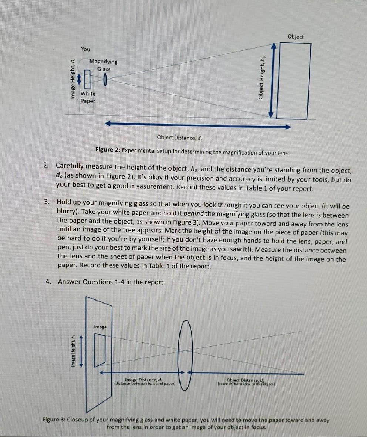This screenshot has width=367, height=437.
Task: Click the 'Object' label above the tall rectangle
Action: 295,37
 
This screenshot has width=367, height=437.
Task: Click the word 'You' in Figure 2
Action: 85,49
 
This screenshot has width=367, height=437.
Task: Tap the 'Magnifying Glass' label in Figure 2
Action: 104,65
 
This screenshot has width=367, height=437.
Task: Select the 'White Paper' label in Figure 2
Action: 88,97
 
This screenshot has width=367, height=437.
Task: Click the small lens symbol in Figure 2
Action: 105,79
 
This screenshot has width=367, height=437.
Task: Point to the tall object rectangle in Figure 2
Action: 293,81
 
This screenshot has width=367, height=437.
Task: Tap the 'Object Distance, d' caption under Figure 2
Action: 180,138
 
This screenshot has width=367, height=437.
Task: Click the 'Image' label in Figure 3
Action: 100,327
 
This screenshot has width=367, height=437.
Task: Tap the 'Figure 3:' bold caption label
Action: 56,420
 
